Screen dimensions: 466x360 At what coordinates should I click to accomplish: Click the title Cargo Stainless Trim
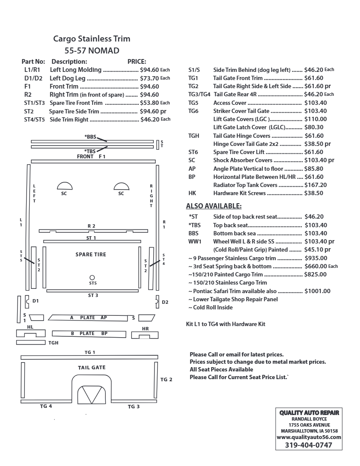click(x=92, y=39)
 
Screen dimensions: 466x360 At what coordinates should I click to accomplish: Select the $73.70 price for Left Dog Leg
click(x=149, y=78)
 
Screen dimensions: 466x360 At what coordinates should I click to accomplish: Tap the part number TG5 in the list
click(x=193, y=103)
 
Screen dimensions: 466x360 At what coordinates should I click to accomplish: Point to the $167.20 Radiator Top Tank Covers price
click(x=315, y=185)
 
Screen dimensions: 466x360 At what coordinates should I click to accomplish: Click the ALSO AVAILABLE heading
click(x=214, y=206)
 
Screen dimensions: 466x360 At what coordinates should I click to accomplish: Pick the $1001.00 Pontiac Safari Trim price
click(x=317, y=291)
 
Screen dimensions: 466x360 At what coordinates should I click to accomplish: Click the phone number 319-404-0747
click(x=309, y=445)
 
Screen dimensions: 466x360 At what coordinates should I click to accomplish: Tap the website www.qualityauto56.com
click(x=309, y=437)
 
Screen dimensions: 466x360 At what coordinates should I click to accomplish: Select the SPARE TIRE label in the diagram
click(x=91, y=255)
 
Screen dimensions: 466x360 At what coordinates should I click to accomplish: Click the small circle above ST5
click(x=92, y=277)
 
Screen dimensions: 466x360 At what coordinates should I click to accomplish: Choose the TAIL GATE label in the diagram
click(x=92, y=368)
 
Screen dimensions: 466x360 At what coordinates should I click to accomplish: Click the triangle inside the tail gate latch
click(x=92, y=394)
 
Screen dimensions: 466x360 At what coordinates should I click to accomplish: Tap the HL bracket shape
click(x=30, y=333)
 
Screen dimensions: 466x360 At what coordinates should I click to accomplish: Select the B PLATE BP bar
click(x=89, y=333)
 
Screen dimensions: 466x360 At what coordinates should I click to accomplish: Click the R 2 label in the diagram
click(x=92, y=226)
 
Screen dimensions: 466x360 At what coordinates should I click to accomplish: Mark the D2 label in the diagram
click(x=165, y=302)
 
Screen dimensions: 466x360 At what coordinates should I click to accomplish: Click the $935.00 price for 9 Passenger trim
click(x=315, y=258)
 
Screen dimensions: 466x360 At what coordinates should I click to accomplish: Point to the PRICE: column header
click(x=137, y=62)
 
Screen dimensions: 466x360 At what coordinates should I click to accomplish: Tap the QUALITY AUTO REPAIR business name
click(x=309, y=413)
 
